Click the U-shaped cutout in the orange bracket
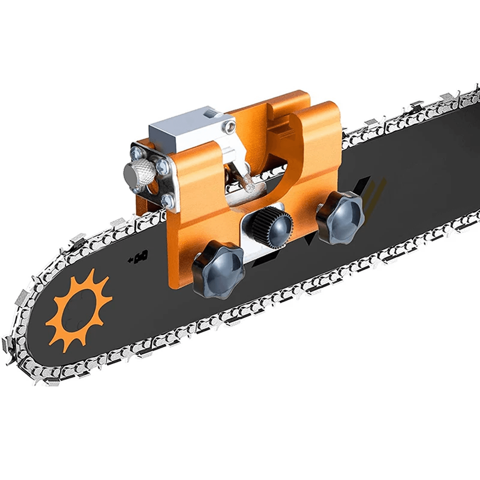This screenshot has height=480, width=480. (264, 160)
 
